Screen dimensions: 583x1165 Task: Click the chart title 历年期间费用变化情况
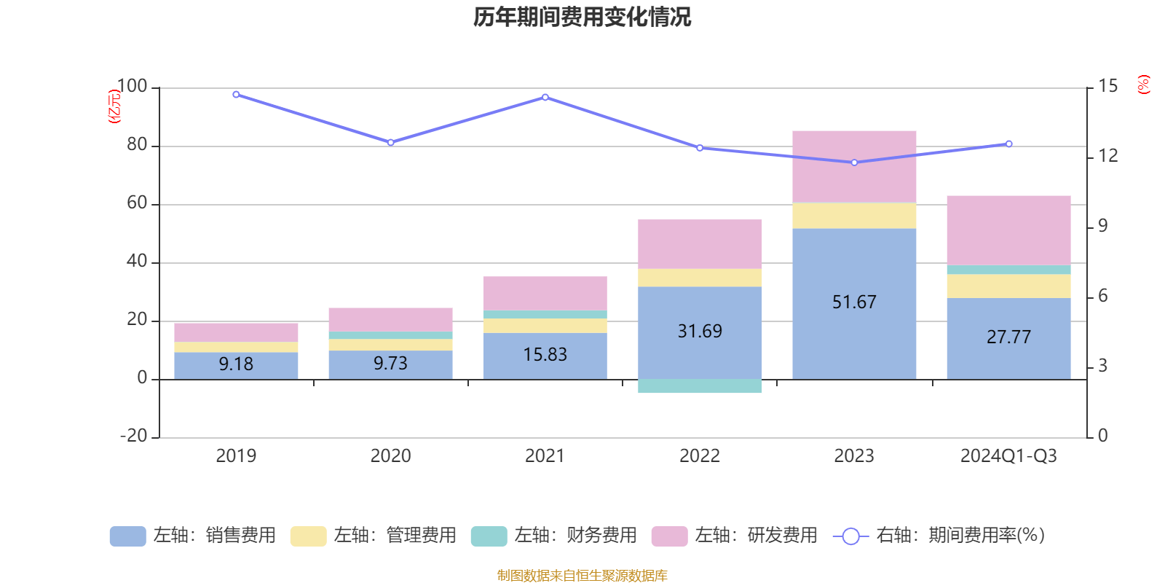click(x=582, y=17)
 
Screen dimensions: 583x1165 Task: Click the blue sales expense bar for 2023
click(x=854, y=328)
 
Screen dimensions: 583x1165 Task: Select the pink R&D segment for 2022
click(x=700, y=244)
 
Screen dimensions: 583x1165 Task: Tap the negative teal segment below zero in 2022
click(x=700, y=386)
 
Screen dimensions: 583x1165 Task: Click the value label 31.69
click(x=700, y=332)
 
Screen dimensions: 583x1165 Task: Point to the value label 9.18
click(x=236, y=364)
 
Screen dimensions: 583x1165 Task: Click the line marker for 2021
click(x=545, y=97)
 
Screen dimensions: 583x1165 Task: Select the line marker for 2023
click(x=854, y=163)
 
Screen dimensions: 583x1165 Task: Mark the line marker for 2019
click(x=236, y=95)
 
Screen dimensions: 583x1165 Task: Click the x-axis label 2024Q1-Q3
click(x=1008, y=456)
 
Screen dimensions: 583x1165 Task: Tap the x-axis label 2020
click(x=390, y=456)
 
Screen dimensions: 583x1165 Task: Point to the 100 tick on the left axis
click(x=132, y=87)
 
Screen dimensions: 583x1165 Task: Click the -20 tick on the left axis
click(x=133, y=436)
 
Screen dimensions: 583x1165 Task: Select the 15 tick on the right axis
click(x=1107, y=87)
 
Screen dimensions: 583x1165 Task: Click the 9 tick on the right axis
click(x=1102, y=226)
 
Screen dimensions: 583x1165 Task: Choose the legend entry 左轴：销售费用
click(x=193, y=536)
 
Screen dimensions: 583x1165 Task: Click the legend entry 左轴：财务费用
click(x=554, y=536)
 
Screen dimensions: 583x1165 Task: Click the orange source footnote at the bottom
click(x=582, y=576)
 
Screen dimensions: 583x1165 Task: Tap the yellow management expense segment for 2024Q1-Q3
click(x=1008, y=286)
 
